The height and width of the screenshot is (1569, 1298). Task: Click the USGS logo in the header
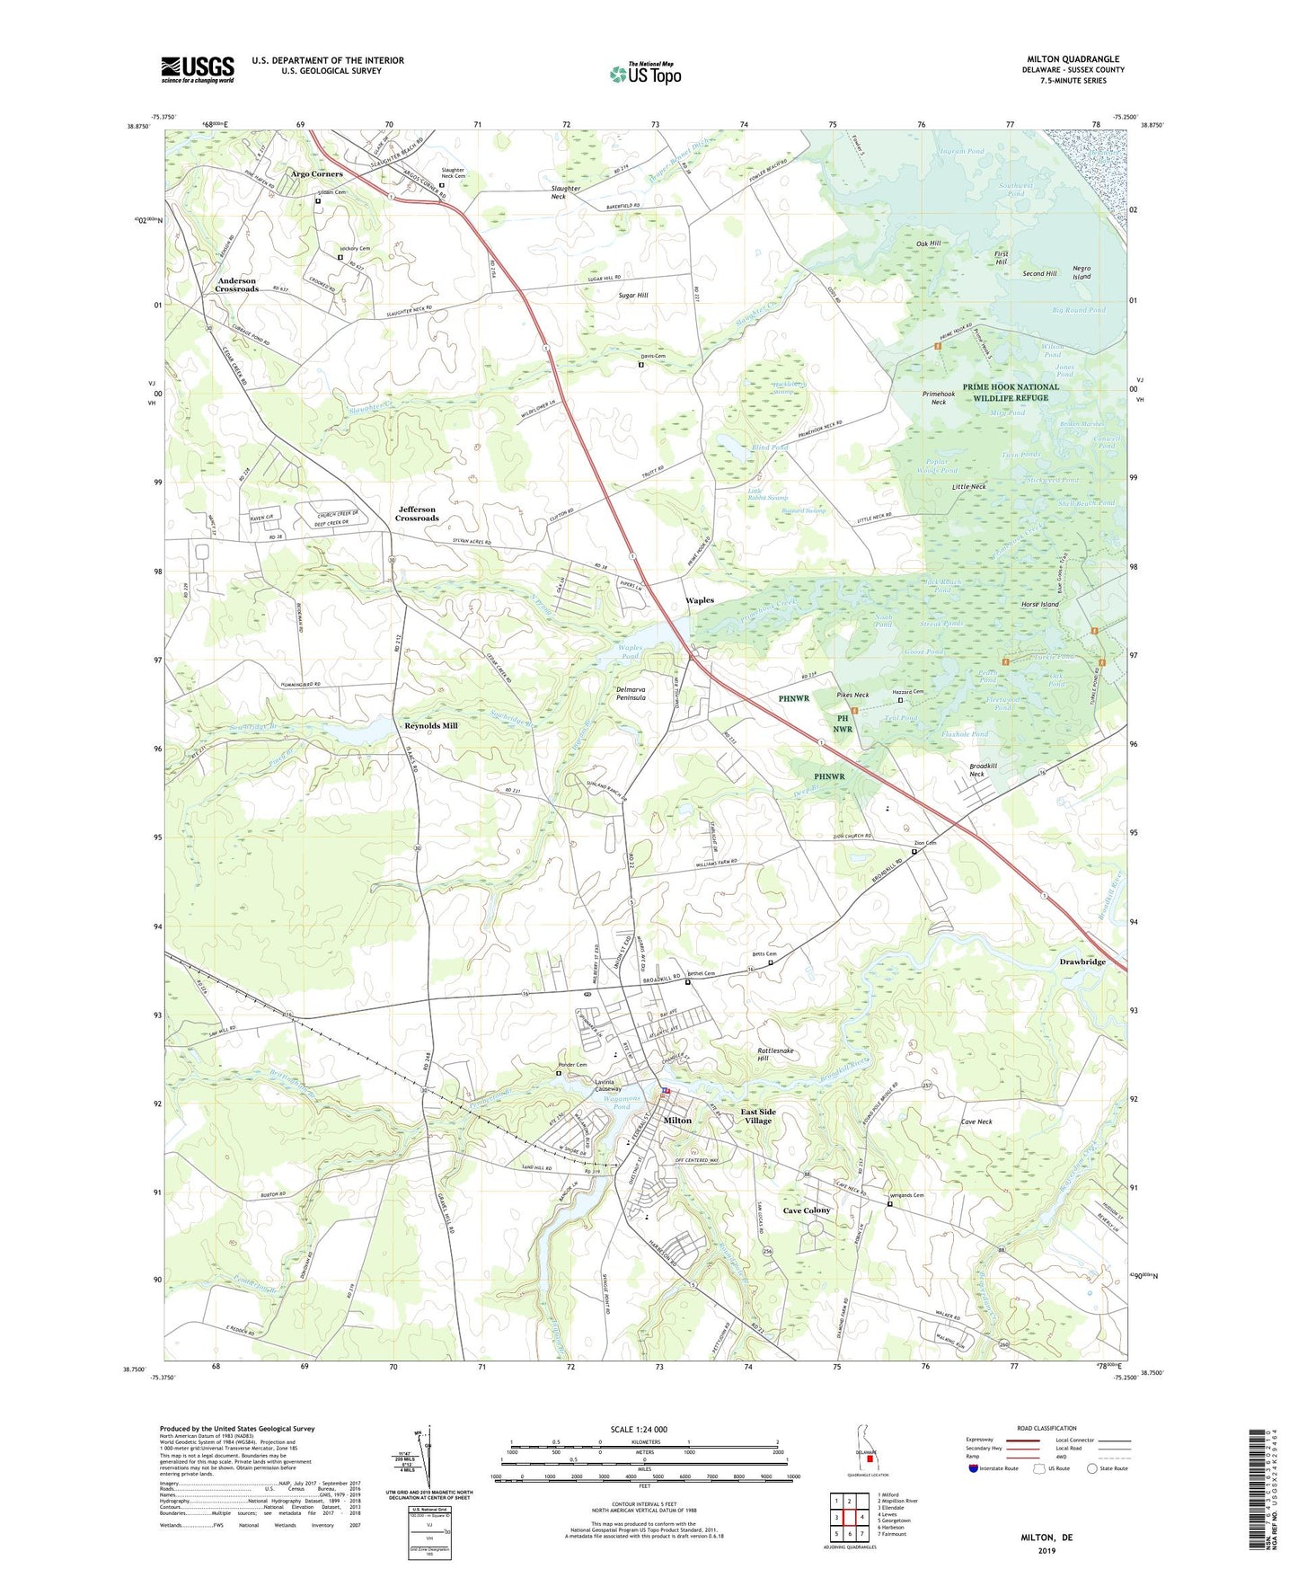[x=198, y=68]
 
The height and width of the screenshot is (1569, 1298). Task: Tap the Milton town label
[x=677, y=1121]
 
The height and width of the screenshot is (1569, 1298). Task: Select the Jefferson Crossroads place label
[x=417, y=514]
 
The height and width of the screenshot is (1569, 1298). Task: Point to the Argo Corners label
[x=316, y=173]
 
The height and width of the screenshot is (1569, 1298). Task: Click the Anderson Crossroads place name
[x=237, y=285]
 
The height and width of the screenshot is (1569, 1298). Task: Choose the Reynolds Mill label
[x=430, y=725]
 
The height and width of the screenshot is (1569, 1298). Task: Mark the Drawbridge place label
[x=1082, y=962]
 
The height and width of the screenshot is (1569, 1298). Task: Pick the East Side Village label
[x=758, y=1116]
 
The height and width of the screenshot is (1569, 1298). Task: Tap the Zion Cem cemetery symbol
[x=914, y=852]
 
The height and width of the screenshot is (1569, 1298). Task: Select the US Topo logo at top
[x=644, y=74]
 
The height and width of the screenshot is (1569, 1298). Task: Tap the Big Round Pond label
[x=1078, y=310]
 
